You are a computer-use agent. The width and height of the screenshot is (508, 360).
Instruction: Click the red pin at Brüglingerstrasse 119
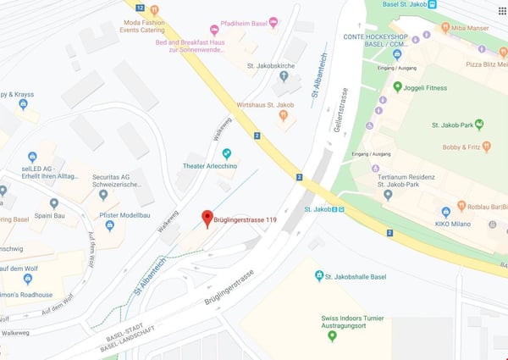[207, 219]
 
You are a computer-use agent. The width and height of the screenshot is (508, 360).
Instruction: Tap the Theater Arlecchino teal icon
[226, 153]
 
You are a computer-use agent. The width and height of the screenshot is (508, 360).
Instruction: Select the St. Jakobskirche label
[270, 65]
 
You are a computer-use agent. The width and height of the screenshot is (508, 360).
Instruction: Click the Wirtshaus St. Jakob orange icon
[283, 116]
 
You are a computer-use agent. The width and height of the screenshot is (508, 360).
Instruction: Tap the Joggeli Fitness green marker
[397, 86]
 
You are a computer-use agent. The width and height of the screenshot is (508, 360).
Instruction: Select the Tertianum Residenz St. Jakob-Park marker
[387, 194]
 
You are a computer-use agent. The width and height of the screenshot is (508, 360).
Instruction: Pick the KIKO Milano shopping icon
[445, 211]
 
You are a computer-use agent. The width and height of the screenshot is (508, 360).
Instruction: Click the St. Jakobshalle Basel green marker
[319, 276]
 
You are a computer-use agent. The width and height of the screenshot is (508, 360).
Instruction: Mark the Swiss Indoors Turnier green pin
[332, 336]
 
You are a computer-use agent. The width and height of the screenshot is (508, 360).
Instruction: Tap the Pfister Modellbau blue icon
[110, 225]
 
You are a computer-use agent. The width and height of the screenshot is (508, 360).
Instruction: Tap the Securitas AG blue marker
[103, 194]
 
